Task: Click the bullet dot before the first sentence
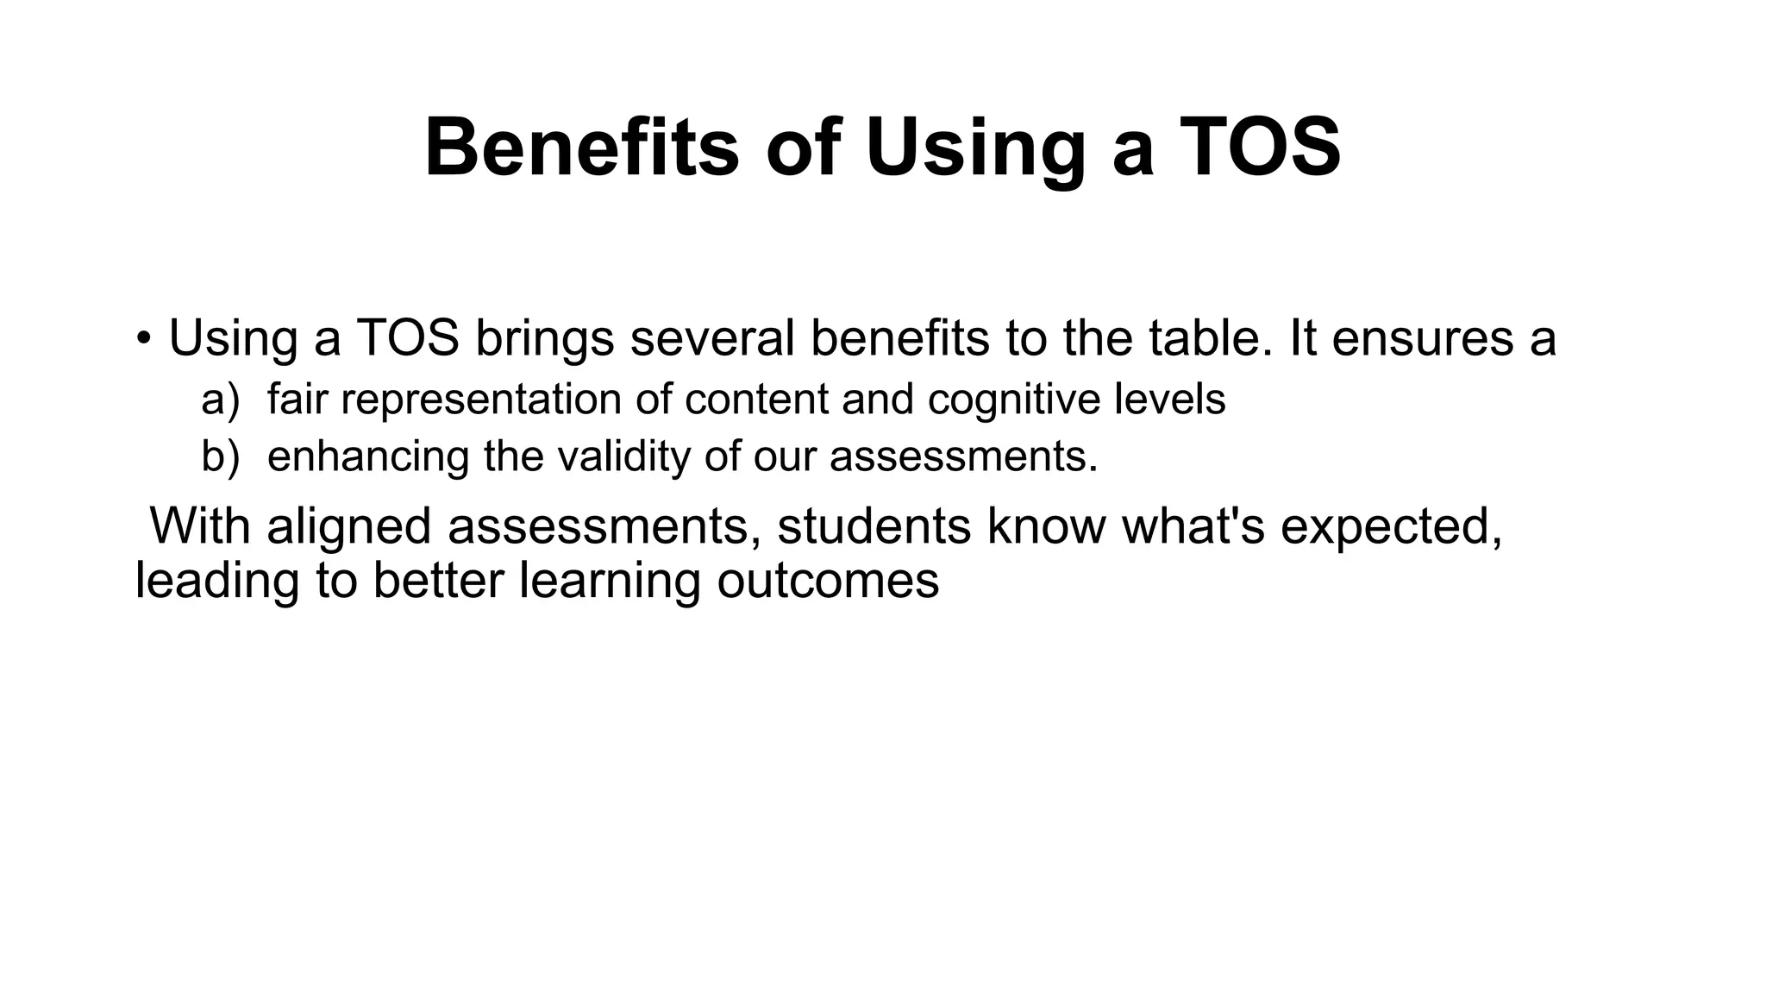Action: click(143, 338)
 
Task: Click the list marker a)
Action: click(220, 399)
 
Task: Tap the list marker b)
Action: click(220, 456)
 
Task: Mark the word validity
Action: click(623, 456)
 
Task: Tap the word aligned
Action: click(349, 526)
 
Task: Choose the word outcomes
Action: click(828, 580)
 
